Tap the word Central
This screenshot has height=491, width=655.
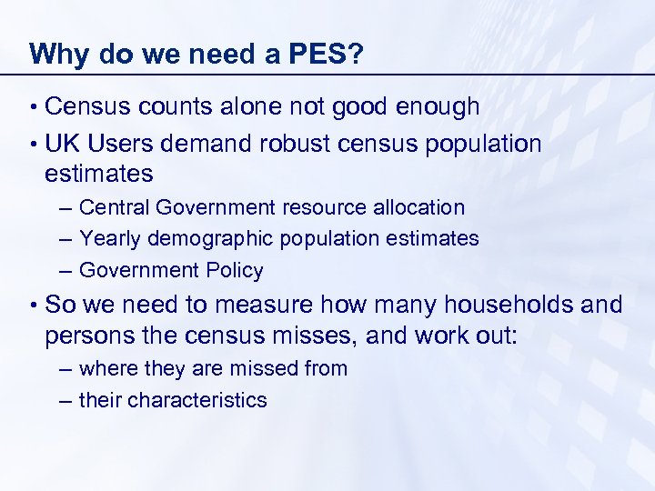(114, 207)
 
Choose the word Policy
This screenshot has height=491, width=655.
(235, 270)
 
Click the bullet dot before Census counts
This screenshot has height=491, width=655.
(33, 108)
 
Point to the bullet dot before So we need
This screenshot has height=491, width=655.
(33, 305)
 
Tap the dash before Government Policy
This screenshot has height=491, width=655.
(66, 270)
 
